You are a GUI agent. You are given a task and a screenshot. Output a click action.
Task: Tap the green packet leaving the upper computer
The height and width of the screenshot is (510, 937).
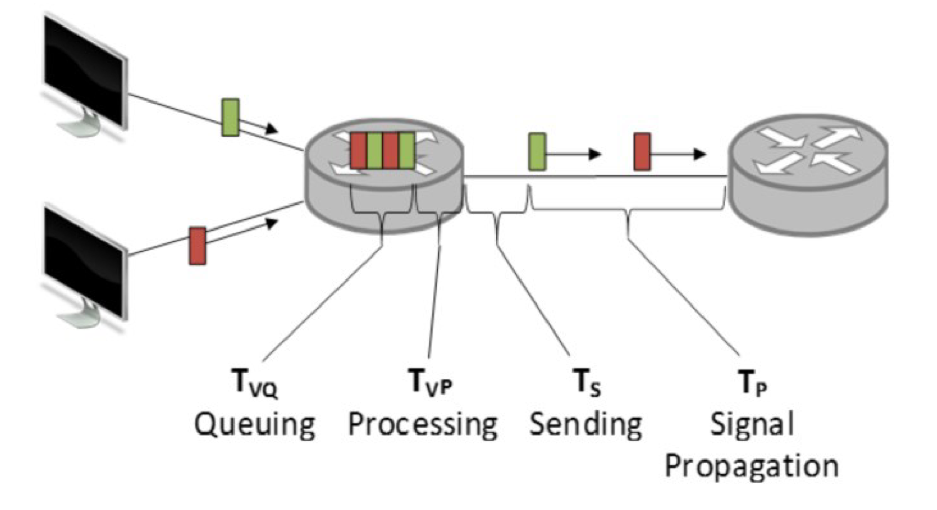click(x=230, y=117)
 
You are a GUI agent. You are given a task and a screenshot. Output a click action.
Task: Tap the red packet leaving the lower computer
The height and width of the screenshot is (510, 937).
click(x=197, y=246)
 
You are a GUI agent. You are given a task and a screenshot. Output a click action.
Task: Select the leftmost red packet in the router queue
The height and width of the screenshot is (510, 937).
click(x=358, y=150)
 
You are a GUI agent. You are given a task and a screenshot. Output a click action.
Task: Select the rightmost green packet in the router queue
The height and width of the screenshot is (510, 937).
click(x=406, y=150)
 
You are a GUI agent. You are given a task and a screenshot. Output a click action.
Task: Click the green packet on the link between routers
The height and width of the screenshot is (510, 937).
click(x=537, y=151)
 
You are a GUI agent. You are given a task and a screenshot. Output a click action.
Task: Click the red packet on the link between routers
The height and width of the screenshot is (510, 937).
click(x=642, y=151)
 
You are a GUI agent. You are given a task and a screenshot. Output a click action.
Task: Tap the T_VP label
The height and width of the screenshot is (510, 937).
click(x=430, y=382)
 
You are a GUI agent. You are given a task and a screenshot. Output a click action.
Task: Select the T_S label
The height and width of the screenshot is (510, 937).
click(x=586, y=383)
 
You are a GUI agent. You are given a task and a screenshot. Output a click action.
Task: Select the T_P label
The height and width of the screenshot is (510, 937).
click(x=752, y=383)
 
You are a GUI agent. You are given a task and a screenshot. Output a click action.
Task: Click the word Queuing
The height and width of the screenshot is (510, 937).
click(x=254, y=424)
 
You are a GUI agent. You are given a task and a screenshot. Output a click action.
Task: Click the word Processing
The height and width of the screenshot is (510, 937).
click(x=423, y=424)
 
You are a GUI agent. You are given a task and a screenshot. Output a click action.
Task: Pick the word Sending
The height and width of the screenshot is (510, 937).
click(x=586, y=424)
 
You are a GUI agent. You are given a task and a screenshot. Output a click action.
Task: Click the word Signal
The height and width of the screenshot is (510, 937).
click(x=752, y=424)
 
